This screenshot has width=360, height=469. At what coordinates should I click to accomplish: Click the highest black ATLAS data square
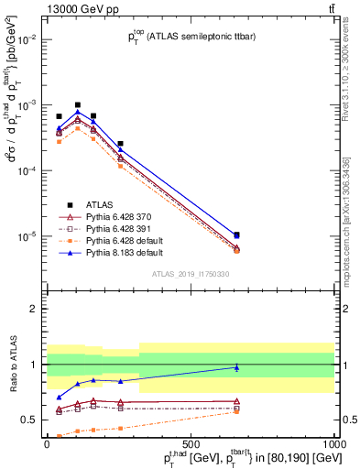78,105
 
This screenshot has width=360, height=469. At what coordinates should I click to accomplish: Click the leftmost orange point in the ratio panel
60,436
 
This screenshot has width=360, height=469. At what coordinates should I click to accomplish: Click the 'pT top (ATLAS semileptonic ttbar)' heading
191,38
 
